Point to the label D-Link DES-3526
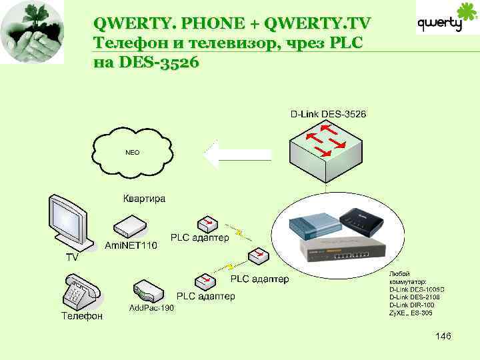click(x=328, y=114)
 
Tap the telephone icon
click(x=82, y=291)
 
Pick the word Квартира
click(x=145, y=198)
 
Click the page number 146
click(x=443, y=336)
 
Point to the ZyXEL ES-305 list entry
click(x=411, y=313)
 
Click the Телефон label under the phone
click(x=83, y=316)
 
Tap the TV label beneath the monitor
click(x=71, y=256)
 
